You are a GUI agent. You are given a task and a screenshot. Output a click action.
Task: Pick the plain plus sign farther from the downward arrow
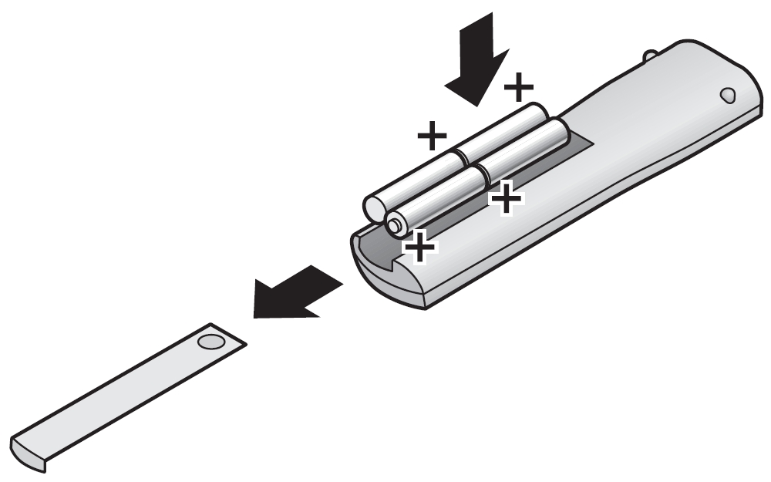click(x=432, y=137)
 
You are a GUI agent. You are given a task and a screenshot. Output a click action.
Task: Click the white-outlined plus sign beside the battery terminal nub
click(x=419, y=247)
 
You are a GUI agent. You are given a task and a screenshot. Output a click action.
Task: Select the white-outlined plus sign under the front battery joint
click(x=506, y=199)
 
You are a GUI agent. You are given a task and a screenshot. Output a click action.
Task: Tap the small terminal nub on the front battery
click(x=395, y=224)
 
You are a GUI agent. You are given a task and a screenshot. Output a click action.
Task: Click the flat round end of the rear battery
click(x=375, y=207)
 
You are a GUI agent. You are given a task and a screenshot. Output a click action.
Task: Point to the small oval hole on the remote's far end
click(x=726, y=96)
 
